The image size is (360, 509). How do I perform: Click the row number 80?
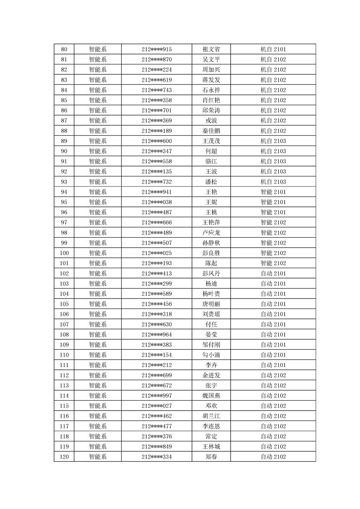(64, 49)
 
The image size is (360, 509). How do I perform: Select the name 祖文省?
(211, 49)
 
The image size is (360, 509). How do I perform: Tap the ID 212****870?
(157, 59)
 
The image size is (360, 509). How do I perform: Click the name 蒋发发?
(211, 80)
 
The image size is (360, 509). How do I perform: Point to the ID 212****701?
(157, 110)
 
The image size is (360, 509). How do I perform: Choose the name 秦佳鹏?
(211, 131)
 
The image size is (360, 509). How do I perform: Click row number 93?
(64, 181)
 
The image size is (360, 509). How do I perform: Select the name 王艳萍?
(211, 222)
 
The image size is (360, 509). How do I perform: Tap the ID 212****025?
(157, 253)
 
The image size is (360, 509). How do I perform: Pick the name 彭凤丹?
(211, 273)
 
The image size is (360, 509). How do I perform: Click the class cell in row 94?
(273, 192)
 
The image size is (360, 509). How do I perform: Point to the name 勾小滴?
(211, 355)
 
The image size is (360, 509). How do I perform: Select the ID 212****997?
(157, 396)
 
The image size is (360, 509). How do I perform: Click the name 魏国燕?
(211, 396)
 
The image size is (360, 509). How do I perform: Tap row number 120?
(64, 456)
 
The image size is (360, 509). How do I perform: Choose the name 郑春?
(211, 456)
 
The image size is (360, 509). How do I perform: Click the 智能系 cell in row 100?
(98, 253)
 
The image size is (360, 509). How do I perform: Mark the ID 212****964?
(157, 334)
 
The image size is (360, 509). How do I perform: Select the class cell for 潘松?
(273, 181)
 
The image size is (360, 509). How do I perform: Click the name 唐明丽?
(211, 304)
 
